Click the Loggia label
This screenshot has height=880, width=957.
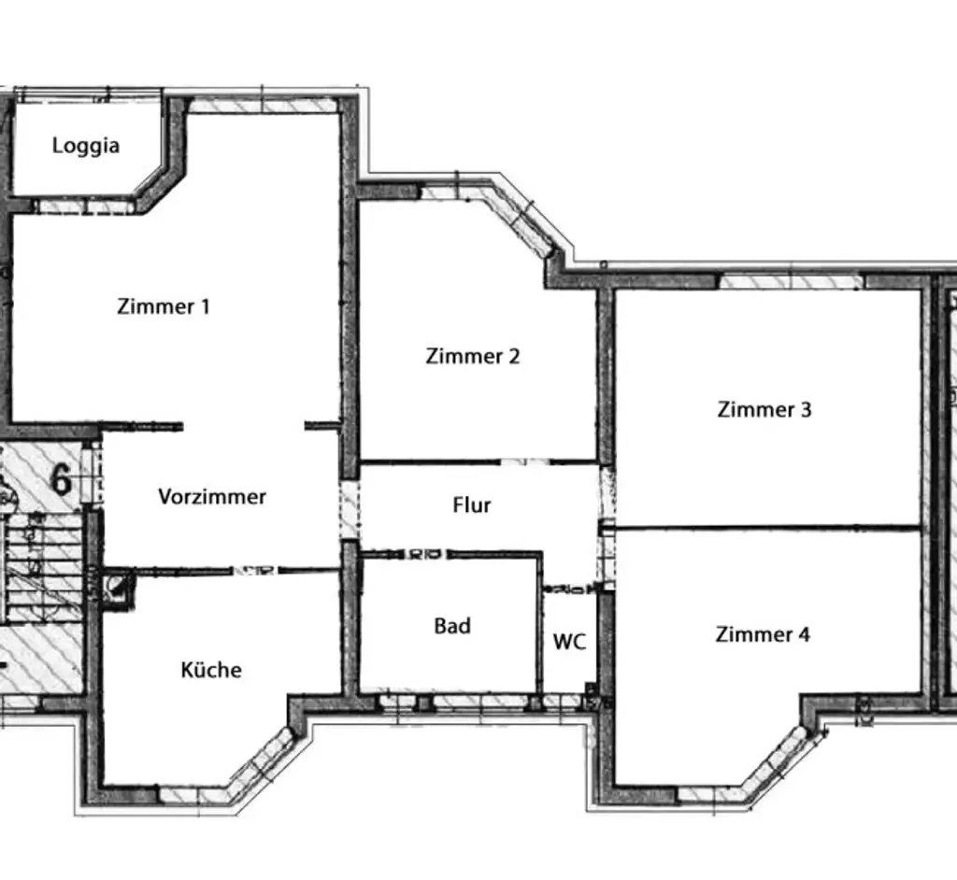86,146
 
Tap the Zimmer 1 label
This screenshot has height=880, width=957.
164,305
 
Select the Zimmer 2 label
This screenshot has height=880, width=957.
472,356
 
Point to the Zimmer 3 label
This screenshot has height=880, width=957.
764,409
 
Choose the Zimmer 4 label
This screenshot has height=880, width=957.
763,634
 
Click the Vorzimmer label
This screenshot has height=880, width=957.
212,496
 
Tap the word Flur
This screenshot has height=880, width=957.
472,505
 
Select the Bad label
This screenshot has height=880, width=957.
452,626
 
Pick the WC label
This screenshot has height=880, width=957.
570,642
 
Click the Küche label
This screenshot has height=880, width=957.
211,670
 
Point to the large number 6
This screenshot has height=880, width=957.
62,478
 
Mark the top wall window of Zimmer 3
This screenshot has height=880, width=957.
790,280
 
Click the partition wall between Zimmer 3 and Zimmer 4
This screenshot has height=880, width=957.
766,527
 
